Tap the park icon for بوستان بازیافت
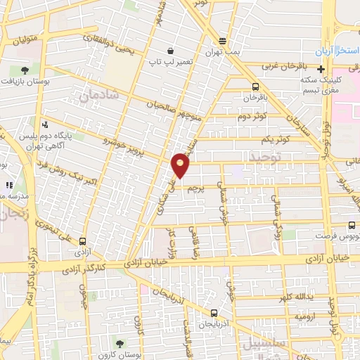pos(25,70)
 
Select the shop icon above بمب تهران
pos(222,40)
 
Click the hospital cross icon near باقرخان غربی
pos(321,69)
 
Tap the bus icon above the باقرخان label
pos(255,86)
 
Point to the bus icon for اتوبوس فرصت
pos(352,226)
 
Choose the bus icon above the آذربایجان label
pos(214,313)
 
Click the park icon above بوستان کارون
pos(117,344)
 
